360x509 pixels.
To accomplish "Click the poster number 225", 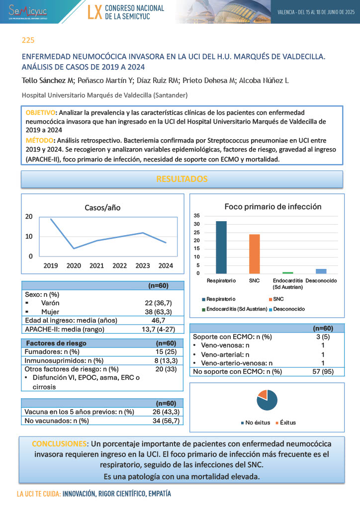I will coord(28,40).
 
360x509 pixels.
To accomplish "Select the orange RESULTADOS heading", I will coord(182,179).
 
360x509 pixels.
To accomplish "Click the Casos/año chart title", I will coord(102,207).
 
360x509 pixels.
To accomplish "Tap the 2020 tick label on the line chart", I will coord(74,266).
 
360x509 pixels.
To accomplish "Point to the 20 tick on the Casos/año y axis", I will coord(29,216).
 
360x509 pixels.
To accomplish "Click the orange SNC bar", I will coord(254,254).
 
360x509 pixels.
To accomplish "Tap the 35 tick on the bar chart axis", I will coord(197,216).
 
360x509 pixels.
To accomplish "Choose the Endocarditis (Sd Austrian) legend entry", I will coord(236,309).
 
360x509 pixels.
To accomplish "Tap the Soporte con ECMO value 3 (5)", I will coord(323,337).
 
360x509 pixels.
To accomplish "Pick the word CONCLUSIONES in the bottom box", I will coord(59,443).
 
